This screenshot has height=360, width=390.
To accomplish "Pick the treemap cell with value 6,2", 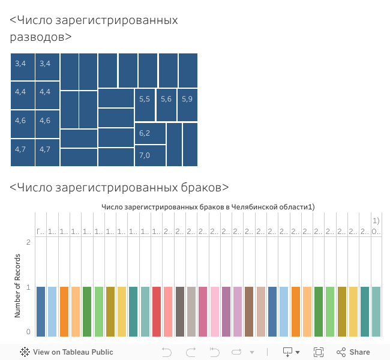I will [151, 133].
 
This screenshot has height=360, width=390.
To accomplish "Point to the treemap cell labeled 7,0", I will [151, 156].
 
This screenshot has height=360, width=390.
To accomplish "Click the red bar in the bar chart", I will [157, 311].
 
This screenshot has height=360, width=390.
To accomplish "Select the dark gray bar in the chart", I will [180, 311].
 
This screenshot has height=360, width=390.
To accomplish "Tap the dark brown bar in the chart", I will [249, 311].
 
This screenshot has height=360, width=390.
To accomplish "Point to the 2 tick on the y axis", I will [28, 242].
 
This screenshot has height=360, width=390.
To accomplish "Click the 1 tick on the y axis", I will [28, 287].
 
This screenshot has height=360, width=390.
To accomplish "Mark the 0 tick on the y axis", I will [28, 332].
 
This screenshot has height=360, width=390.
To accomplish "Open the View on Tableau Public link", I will [67, 352].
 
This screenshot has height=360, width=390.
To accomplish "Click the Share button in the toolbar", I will [353, 352].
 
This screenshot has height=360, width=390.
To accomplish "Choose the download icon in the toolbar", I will [288, 352].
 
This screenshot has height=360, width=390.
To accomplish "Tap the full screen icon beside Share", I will [319, 352].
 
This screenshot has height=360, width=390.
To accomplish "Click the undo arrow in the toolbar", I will [167, 352].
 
